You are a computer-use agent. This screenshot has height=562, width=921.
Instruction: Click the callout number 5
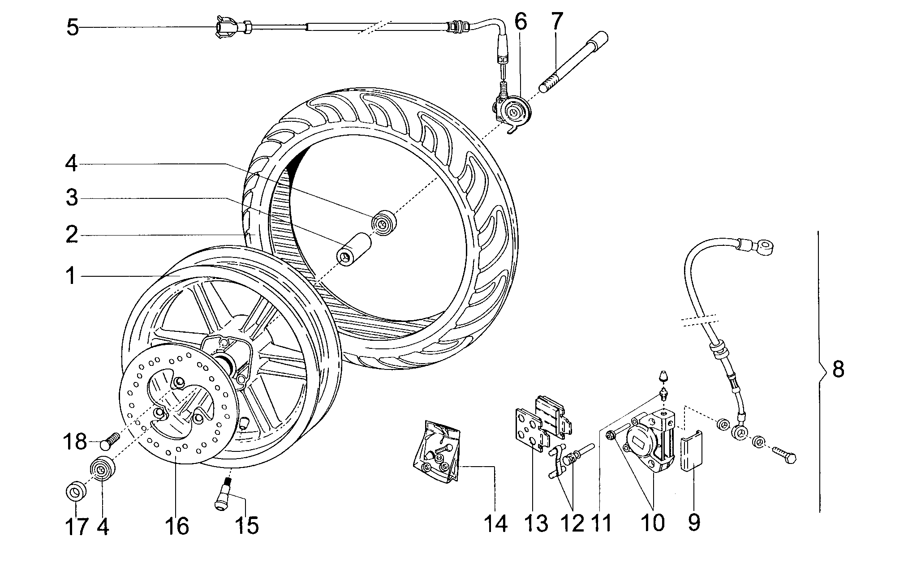[x=73, y=28]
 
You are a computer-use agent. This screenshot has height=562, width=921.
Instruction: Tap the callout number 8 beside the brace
[x=838, y=370]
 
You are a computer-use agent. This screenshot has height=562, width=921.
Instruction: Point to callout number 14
[x=495, y=523]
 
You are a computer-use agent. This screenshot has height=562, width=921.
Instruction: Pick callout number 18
[x=75, y=442]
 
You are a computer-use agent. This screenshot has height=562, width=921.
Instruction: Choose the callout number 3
[x=72, y=197]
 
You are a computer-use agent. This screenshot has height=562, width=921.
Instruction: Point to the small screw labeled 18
[x=109, y=441]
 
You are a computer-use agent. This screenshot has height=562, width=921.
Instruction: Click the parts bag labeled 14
[x=436, y=451]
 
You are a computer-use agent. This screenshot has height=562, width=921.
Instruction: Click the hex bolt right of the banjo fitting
[x=784, y=455]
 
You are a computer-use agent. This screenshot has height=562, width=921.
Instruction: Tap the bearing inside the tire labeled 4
[x=384, y=222]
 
